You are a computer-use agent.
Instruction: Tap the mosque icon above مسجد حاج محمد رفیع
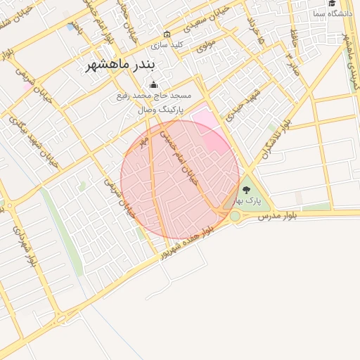[x=154, y=85]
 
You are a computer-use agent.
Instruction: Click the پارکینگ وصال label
[x=160, y=110]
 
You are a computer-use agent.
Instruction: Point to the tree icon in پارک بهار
[x=246, y=189]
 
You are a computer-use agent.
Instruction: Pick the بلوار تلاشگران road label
[x=275, y=138]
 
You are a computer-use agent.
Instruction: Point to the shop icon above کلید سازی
[x=167, y=34]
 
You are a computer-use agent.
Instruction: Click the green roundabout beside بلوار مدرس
[x=234, y=217]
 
